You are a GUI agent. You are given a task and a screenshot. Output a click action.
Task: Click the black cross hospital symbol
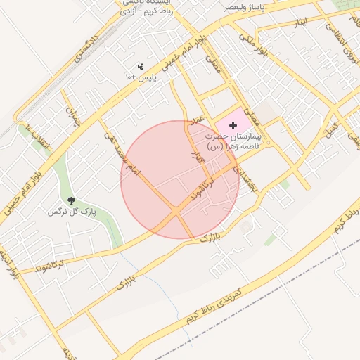[233, 124]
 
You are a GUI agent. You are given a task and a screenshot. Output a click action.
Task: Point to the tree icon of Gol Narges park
[71, 201]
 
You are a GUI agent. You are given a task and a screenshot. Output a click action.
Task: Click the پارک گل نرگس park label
[71, 211]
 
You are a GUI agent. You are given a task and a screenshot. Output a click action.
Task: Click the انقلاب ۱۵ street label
[37, 137]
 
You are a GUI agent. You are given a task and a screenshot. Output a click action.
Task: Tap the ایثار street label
[301, 23]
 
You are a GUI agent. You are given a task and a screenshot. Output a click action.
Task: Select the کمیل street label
[330, 129]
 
